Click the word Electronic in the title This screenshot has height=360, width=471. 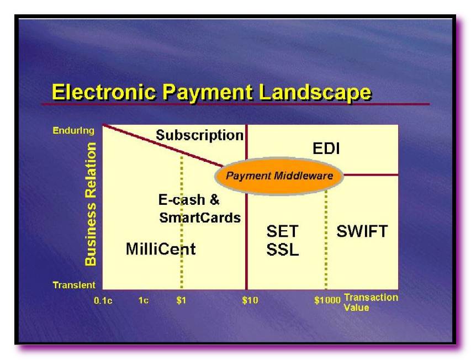(x=104, y=92)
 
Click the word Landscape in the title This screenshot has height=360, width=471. (x=315, y=93)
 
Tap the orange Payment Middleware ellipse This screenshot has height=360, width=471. (x=279, y=176)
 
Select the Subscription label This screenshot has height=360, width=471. (x=200, y=135)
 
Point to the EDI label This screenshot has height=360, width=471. (x=326, y=149)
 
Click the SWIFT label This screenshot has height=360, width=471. (x=362, y=231)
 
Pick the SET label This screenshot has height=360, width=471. (x=282, y=231)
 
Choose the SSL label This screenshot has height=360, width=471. (x=283, y=249)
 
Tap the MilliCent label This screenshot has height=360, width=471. (x=161, y=249)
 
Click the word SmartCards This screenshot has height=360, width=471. (x=200, y=218)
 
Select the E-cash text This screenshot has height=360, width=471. (x=182, y=200)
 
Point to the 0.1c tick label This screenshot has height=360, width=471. (x=103, y=300)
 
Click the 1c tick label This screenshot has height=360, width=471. (x=143, y=300)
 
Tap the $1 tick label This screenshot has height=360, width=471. (x=182, y=300)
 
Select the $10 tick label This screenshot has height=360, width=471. (x=250, y=300)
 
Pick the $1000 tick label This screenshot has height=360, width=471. (x=327, y=300)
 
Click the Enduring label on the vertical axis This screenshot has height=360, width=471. (x=73, y=131)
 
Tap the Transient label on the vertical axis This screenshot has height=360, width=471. (x=74, y=285)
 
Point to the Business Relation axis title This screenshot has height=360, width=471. (x=91, y=204)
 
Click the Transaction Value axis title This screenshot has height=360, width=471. (x=371, y=303)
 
